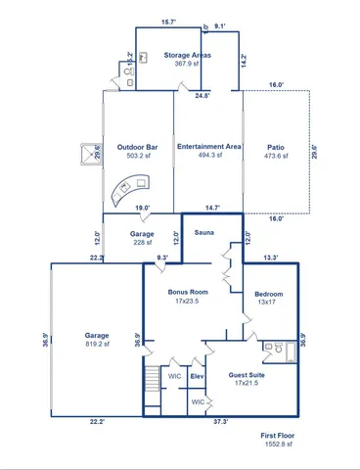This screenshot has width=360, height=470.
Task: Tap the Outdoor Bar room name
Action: [138, 148]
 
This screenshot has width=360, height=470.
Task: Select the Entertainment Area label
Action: [208, 148]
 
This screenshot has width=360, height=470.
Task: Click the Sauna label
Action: [204, 234]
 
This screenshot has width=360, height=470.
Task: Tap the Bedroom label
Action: [268, 294]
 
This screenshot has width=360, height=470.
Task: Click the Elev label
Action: [197, 376]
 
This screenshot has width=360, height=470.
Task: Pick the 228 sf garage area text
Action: [142, 245]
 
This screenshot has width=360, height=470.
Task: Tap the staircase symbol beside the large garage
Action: [151, 379]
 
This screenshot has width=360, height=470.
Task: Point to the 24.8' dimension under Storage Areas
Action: [201, 96]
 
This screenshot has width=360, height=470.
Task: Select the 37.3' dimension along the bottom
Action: [221, 422]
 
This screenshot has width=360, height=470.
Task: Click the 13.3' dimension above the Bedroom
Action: [270, 258]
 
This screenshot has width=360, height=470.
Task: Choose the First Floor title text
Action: [278, 435]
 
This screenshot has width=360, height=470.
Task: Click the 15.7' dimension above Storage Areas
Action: [169, 22]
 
